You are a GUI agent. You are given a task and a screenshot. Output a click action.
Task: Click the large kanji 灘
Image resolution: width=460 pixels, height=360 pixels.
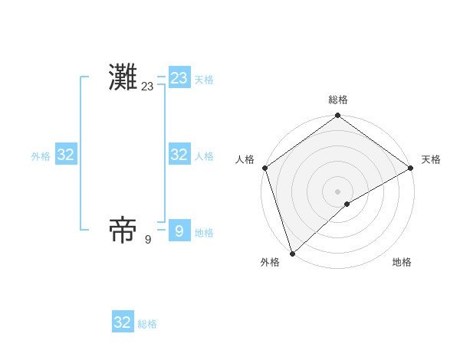tap(123, 78)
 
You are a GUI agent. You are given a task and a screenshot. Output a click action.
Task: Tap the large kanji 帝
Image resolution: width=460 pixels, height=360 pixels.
tap(123, 230)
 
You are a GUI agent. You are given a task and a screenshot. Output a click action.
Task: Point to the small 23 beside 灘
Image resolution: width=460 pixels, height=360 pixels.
tap(147, 87)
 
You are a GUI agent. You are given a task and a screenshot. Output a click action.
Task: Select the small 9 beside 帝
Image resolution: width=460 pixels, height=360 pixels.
tap(147, 239)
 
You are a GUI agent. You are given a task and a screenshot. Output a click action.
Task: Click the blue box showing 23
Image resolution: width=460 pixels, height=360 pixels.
tap(179, 78)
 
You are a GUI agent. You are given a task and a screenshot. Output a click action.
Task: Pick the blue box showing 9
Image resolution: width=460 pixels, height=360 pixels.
tap(179, 231)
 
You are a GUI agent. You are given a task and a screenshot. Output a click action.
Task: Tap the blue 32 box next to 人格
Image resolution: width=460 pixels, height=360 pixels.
tap(179, 155)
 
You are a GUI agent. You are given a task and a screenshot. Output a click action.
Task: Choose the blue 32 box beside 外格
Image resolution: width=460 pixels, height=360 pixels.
tap(65, 155)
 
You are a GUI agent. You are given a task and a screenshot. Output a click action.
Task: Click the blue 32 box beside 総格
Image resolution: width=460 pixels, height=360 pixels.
tap(123, 322)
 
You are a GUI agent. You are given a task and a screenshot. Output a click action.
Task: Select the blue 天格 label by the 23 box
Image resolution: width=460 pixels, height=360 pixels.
tap(204, 80)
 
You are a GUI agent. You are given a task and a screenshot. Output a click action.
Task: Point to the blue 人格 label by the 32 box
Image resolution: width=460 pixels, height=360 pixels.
tap(204, 156)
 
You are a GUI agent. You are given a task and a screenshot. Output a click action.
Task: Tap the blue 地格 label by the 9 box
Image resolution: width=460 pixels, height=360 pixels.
tap(204, 233)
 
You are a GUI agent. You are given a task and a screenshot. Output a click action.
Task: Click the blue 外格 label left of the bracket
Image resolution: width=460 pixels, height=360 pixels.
tap(41, 156)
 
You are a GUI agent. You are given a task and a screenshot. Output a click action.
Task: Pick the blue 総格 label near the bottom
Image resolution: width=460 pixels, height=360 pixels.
tap(147, 324)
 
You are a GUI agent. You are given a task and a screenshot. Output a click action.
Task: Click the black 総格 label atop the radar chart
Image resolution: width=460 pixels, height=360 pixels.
tap(338, 100)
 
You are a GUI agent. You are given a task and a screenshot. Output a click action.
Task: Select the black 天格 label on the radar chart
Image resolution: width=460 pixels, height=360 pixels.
tap(431, 159)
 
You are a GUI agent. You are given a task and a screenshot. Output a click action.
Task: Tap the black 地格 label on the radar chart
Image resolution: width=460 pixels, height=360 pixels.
tap(402, 262)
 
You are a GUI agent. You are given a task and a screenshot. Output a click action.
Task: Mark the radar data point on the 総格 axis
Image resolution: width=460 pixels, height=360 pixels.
tap(338, 116)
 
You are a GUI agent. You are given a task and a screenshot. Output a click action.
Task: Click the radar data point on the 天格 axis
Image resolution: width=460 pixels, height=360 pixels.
tap(411, 169)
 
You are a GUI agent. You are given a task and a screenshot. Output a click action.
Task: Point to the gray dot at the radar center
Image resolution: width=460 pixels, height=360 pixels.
tap(338, 191)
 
